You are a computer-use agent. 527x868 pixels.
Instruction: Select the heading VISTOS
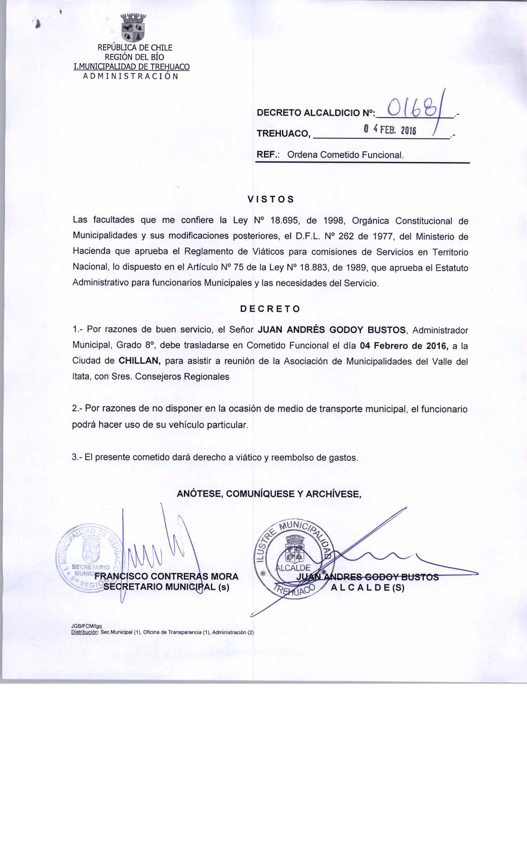270,199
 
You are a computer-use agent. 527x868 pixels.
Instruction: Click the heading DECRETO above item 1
270,309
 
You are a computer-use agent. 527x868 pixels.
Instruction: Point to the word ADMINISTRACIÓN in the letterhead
131,76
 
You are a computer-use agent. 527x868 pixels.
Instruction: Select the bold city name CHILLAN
139,360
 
